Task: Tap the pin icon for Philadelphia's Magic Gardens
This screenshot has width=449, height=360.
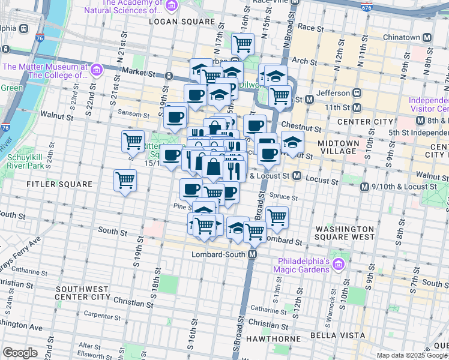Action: click(338, 264)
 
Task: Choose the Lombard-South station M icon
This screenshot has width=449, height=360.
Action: click(253, 254)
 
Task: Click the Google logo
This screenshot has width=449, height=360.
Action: click(20, 352)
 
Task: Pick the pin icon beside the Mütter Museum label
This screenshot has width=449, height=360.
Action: click(96, 71)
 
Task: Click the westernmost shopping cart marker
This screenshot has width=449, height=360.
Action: click(125, 179)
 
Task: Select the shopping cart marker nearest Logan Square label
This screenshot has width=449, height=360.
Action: click(243, 43)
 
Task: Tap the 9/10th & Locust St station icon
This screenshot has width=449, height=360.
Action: click(364, 187)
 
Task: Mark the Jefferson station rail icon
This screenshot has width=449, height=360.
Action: click(357, 93)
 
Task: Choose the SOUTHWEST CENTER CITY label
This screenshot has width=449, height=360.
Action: click(82, 292)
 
